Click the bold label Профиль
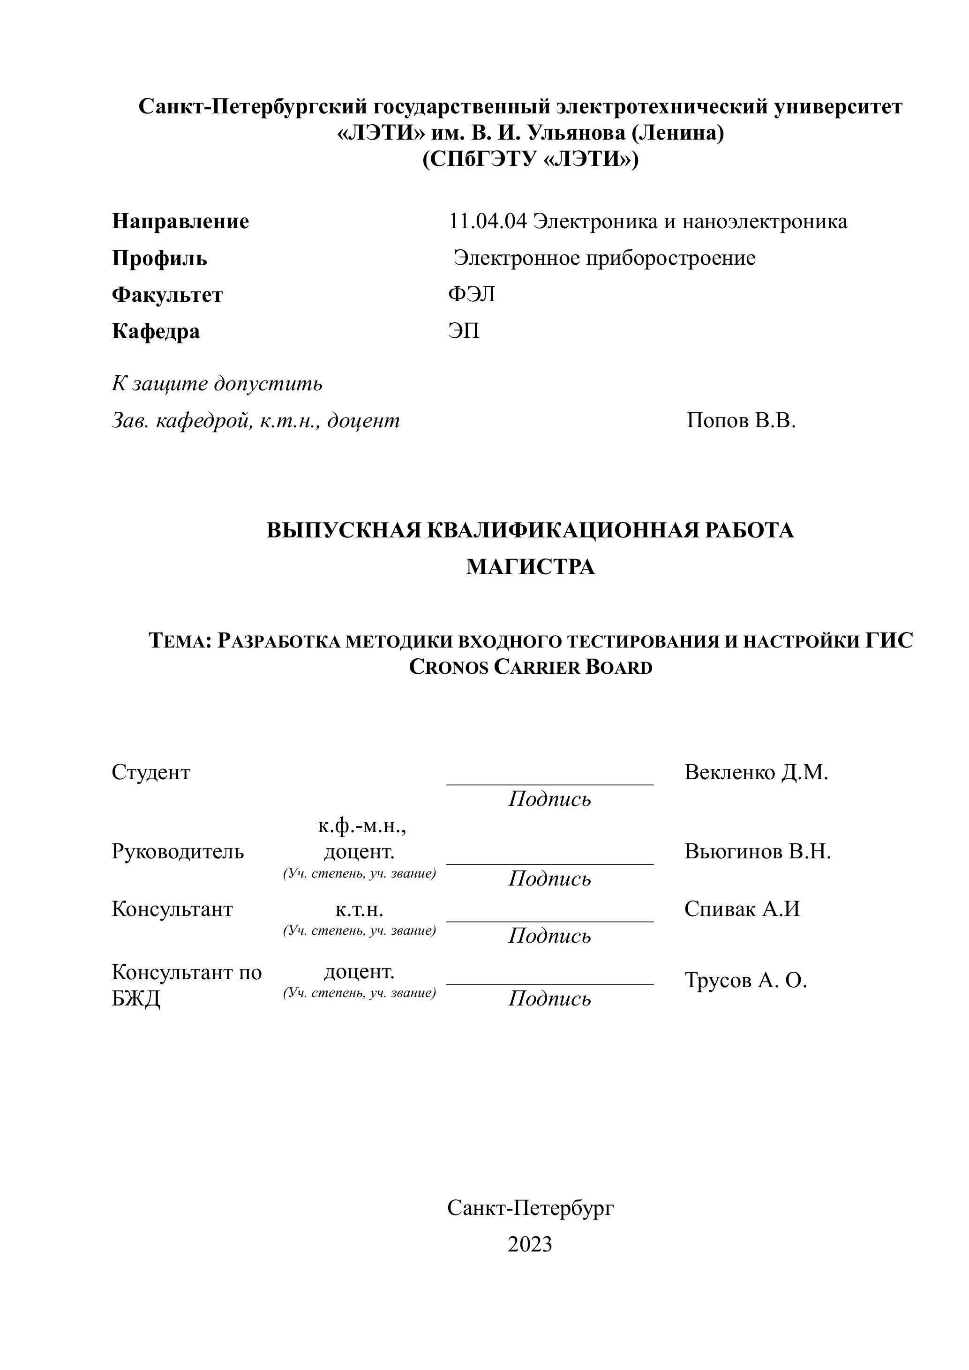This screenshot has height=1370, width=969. click(x=159, y=258)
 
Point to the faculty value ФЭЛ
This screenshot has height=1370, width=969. click(x=472, y=294)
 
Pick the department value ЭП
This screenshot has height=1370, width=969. click(x=464, y=331)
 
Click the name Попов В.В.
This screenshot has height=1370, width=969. click(x=741, y=421)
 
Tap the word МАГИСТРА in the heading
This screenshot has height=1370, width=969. click(x=530, y=566)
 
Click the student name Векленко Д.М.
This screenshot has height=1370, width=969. click(x=756, y=772)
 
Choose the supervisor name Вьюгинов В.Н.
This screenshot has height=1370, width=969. click(x=758, y=851)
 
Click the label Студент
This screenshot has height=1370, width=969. click(x=150, y=772)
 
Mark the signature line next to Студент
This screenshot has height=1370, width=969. click(x=549, y=783)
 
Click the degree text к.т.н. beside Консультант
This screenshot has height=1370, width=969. click(x=359, y=909)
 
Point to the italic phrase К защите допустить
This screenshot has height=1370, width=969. click(x=217, y=383)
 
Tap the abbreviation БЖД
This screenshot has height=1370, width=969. click(x=135, y=998)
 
